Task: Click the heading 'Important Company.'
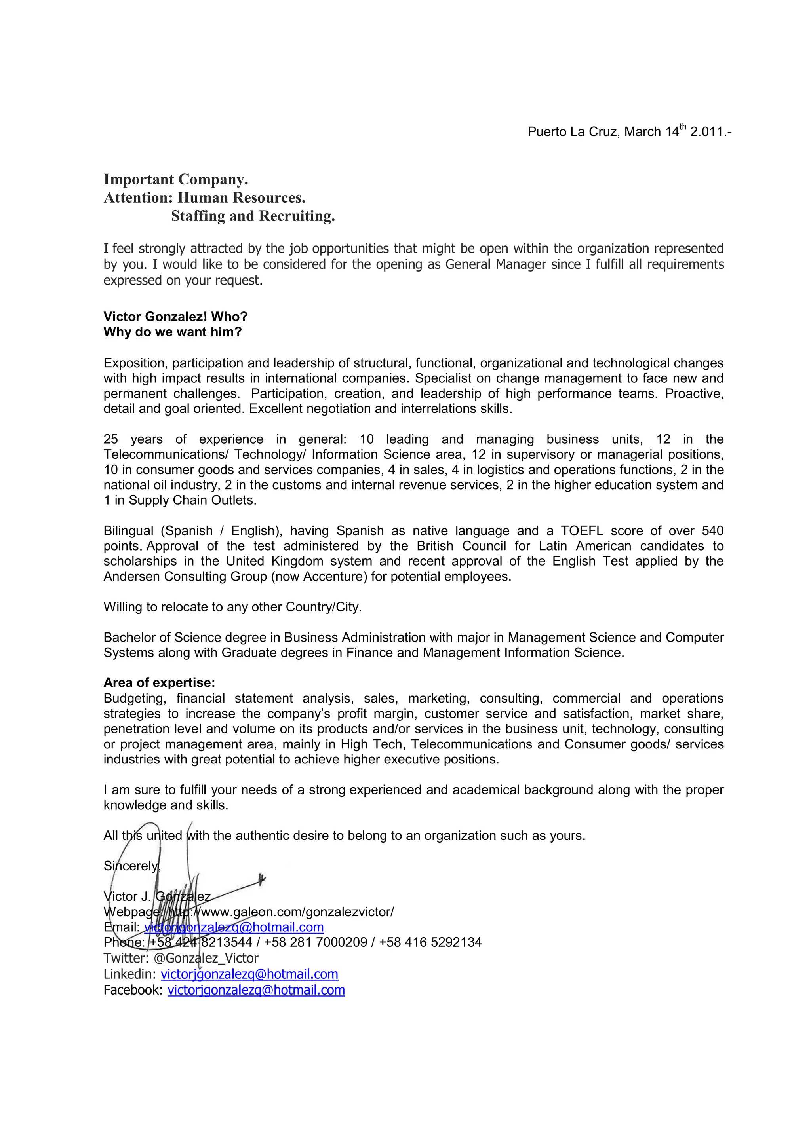tap(175, 179)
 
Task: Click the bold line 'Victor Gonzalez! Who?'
tap(175, 317)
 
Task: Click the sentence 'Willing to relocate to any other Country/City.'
tap(232, 607)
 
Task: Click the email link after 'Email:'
tap(234, 928)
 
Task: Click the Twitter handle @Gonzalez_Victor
tap(206, 958)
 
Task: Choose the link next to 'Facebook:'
tap(256, 990)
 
